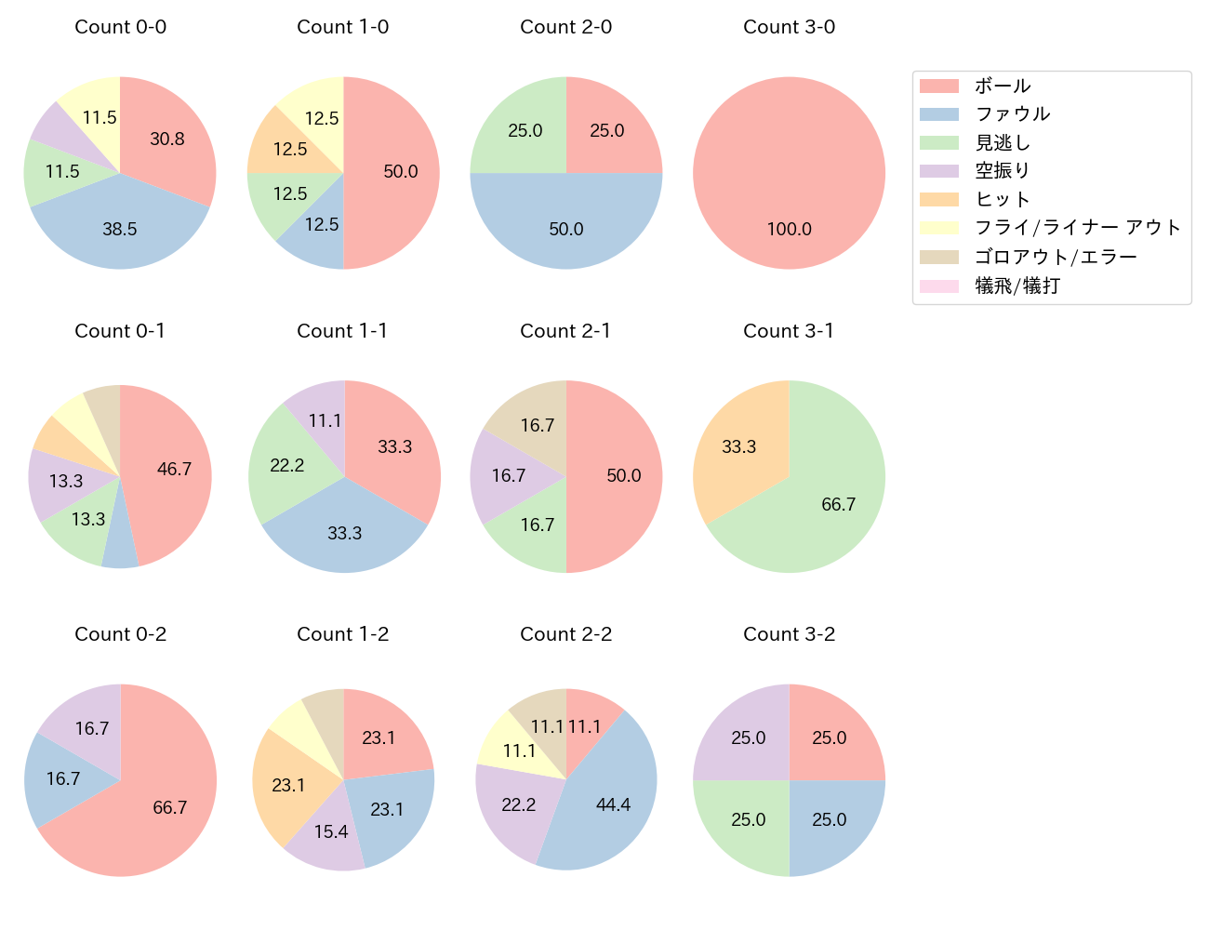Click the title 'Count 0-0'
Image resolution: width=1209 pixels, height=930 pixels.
click(120, 27)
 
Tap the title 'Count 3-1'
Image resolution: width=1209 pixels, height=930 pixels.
click(789, 331)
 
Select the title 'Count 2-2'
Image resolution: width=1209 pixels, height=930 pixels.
click(565, 634)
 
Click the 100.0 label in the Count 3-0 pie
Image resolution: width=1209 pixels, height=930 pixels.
click(789, 229)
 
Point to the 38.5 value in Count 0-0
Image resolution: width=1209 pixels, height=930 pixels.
click(120, 229)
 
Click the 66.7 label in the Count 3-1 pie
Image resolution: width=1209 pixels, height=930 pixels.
click(838, 504)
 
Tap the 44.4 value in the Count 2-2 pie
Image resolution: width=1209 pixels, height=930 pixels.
click(613, 804)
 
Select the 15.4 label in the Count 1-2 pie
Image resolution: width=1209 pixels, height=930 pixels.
click(331, 831)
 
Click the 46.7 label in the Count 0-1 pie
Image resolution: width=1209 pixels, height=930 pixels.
click(174, 469)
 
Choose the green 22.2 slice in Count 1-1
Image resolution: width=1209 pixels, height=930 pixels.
click(286, 465)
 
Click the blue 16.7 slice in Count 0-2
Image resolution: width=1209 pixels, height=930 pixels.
click(63, 778)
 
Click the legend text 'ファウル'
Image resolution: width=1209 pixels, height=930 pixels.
click(1012, 114)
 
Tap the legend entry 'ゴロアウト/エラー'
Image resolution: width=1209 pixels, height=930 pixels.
click(1056, 257)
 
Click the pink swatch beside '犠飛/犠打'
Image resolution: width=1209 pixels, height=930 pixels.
click(938, 286)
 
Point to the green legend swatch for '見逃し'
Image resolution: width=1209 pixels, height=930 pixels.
click(938, 143)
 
